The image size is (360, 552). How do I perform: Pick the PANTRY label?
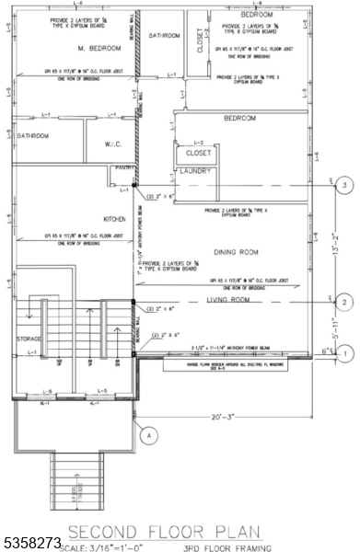coord(125,168)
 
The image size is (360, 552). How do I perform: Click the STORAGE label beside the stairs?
coord(29,339)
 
